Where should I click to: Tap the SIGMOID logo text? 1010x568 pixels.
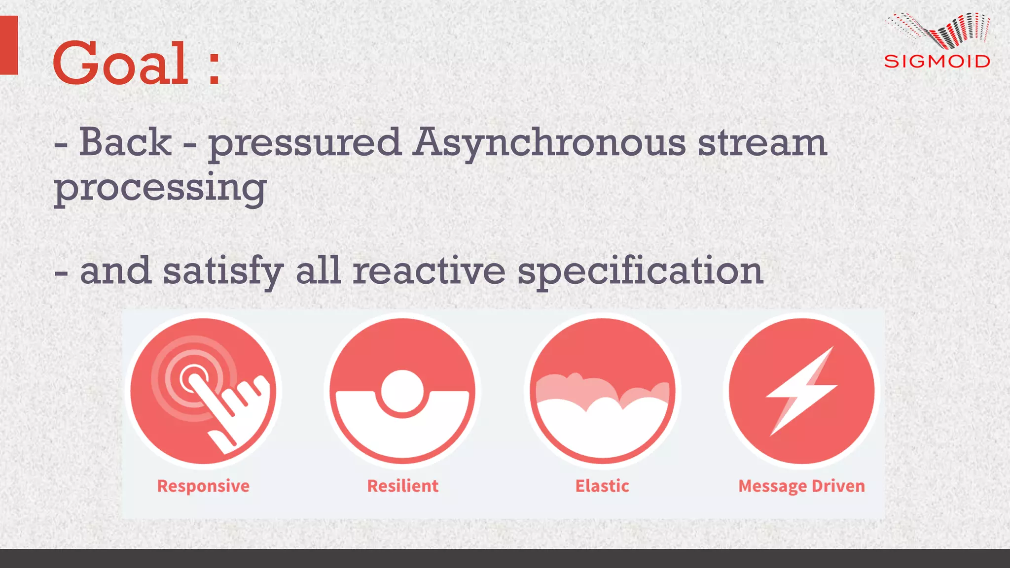[x=937, y=62]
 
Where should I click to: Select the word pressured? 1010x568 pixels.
[x=304, y=144]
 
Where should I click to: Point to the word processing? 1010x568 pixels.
[x=160, y=188]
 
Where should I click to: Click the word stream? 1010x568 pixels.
[x=762, y=143]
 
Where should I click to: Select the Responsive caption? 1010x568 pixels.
[x=203, y=486]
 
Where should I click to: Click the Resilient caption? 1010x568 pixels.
[x=402, y=486]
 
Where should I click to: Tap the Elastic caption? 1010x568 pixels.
[x=602, y=486]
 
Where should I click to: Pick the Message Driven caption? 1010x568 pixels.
[x=801, y=486]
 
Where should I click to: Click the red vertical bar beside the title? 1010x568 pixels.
[x=9, y=45]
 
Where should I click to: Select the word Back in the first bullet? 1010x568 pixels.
[x=125, y=143]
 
